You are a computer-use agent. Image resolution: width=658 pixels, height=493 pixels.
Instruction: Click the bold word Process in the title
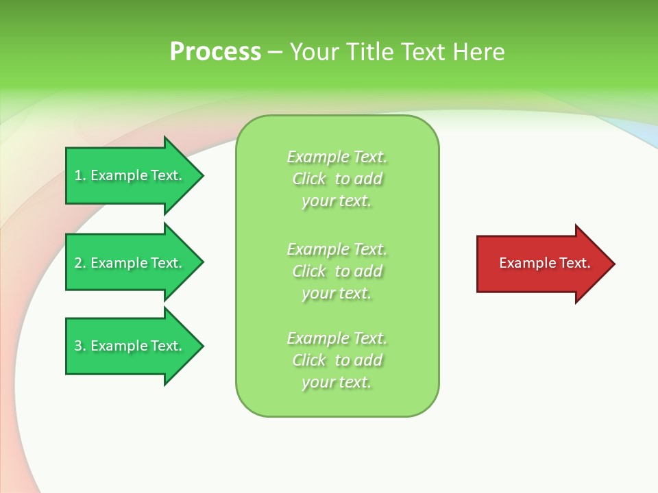coord(215,52)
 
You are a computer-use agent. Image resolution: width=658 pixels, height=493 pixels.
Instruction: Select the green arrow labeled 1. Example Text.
coord(130,175)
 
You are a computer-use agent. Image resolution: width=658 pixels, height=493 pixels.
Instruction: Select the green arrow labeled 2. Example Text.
coord(130,263)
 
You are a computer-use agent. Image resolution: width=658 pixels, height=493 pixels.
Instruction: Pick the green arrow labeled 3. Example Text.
coord(130,346)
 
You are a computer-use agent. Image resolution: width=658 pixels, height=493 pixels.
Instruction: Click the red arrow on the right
coord(541,264)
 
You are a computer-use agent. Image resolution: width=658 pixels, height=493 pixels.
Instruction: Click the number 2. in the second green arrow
coord(80,263)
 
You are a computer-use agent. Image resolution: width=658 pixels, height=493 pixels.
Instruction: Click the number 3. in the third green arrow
coord(80,346)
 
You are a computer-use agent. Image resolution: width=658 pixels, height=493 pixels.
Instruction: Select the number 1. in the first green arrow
coord(80,175)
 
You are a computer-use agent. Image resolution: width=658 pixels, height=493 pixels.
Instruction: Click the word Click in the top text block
coord(309,179)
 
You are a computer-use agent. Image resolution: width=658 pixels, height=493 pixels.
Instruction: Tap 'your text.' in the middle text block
coord(337,293)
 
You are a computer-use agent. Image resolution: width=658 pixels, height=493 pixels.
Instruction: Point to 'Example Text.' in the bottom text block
coord(337,338)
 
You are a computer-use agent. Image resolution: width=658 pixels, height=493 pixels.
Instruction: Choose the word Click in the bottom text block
coord(309,360)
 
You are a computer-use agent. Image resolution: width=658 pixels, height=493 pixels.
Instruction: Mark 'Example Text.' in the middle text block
coord(337,249)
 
